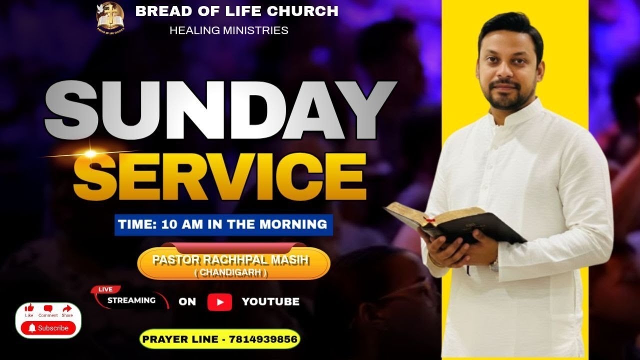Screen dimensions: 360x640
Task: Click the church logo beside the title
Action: point(110,17)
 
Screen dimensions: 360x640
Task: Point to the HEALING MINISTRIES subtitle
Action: point(228,30)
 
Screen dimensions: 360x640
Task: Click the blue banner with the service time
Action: point(223,224)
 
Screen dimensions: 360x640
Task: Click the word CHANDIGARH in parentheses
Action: point(231,273)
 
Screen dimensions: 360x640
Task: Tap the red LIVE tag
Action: point(105,289)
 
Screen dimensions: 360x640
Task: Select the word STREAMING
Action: point(131,300)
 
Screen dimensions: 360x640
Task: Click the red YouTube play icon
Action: point(219,302)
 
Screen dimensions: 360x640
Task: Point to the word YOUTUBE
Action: point(270,301)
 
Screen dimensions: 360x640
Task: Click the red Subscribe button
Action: point(48,328)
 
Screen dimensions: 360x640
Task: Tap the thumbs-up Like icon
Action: point(29,308)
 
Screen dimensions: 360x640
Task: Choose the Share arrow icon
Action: point(67,308)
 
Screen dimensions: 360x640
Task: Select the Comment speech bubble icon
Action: point(48,308)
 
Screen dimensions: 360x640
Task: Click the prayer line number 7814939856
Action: point(263,339)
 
